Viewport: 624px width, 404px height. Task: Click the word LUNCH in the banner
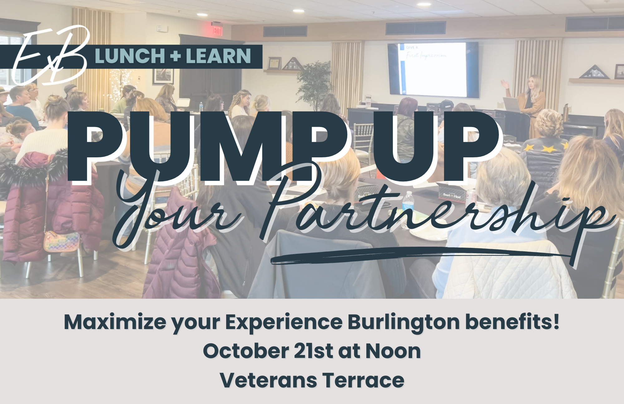pos(129,56)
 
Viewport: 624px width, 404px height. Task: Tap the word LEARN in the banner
pos(218,56)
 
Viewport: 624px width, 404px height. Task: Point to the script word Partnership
pos(437,212)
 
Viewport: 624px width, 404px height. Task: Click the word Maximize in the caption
pos(115,322)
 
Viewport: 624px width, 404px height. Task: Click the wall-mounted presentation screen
pos(433,70)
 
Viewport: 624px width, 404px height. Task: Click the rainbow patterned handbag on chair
pos(61,241)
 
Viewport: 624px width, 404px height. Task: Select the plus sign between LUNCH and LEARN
pos(175,56)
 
